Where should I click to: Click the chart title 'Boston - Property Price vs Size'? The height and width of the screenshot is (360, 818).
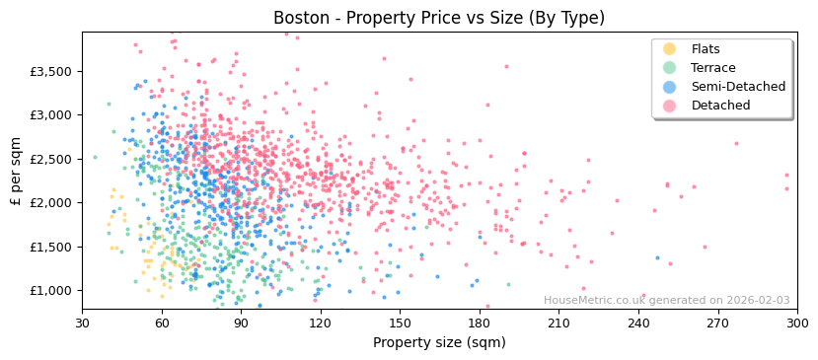pyautogui.click(x=439, y=18)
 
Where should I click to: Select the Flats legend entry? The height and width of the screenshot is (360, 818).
pyautogui.click(x=705, y=49)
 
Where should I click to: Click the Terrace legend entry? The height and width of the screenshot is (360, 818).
pyautogui.click(x=711, y=68)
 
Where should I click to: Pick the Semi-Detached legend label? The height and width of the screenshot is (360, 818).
pyautogui.click(x=738, y=87)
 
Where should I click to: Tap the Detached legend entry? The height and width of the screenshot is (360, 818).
pyautogui.click(x=720, y=106)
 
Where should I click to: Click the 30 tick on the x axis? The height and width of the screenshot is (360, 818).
pyautogui.click(x=82, y=323)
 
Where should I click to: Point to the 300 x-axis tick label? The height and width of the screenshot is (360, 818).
pyautogui.click(x=797, y=323)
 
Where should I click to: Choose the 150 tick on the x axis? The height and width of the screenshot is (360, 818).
pyautogui.click(x=400, y=323)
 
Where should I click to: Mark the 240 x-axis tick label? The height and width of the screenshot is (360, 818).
pyautogui.click(x=638, y=323)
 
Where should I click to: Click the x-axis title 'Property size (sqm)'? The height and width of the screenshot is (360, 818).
pyautogui.click(x=439, y=343)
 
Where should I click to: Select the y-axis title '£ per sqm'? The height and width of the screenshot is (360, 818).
pyautogui.click(x=16, y=172)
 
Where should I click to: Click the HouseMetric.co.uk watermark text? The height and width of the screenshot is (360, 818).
pyautogui.click(x=666, y=301)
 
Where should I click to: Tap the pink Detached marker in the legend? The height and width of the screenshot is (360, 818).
pyautogui.click(x=670, y=106)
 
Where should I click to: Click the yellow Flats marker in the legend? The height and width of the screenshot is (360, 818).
pyautogui.click(x=670, y=49)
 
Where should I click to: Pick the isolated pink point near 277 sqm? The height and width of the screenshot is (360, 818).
pyautogui.click(x=736, y=143)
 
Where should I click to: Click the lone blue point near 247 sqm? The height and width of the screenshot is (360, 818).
pyautogui.click(x=657, y=257)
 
